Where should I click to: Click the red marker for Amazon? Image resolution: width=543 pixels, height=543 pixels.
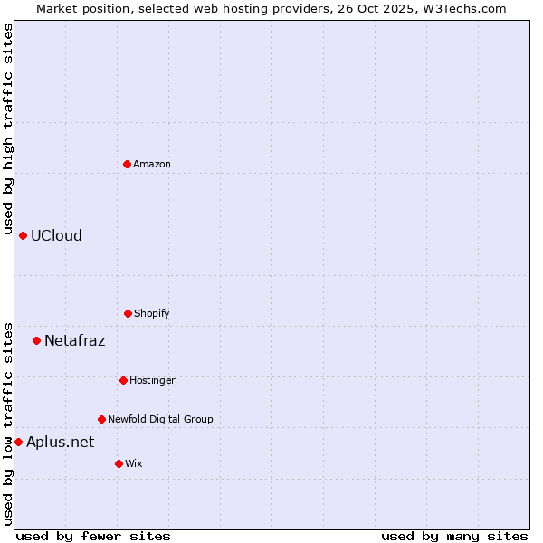click(x=127, y=164)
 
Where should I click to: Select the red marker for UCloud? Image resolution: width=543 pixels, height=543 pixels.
click(x=23, y=235)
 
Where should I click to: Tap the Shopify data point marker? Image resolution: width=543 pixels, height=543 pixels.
click(x=128, y=313)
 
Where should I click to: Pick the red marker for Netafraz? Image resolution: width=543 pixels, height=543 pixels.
click(x=36, y=340)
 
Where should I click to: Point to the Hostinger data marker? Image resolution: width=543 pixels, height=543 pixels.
click(x=123, y=380)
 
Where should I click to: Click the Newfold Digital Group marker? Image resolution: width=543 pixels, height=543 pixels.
click(x=101, y=419)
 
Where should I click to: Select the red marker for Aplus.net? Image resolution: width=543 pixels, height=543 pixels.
click(x=18, y=442)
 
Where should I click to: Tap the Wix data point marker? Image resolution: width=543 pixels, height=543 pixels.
click(x=119, y=463)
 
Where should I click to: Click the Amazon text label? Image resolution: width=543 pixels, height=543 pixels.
click(x=152, y=164)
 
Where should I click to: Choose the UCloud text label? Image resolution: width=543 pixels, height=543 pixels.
click(x=56, y=235)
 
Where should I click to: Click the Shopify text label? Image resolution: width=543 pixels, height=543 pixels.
click(x=152, y=313)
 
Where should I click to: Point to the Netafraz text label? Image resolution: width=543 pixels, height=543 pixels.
click(x=74, y=340)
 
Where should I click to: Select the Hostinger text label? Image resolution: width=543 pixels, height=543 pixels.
click(x=152, y=380)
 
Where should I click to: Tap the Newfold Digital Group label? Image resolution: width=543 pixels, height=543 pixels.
click(x=160, y=419)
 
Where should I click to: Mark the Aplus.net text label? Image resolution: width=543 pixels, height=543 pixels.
click(x=60, y=442)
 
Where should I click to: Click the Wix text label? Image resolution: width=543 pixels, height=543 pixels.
click(x=134, y=463)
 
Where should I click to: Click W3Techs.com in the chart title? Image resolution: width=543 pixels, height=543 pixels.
click(x=465, y=8)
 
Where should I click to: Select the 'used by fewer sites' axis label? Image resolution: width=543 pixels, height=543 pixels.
click(x=93, y=536)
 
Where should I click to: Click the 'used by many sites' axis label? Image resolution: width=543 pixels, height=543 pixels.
click(x=454, y=536)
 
